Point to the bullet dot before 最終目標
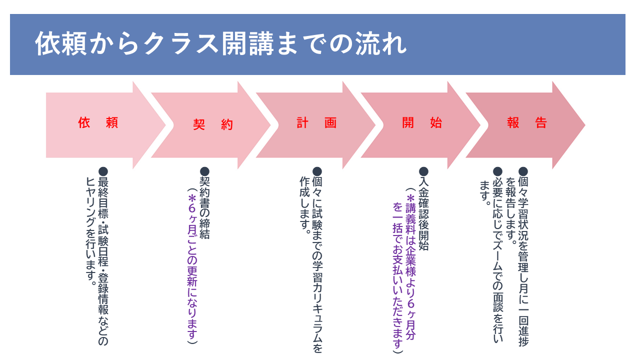pos(103,171)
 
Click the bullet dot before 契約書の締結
pos(204,171)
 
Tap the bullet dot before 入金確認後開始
pos(423,171)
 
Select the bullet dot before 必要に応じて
pos(497,171)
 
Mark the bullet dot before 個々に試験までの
pos(317,171)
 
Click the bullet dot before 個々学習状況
pos(523,171)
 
